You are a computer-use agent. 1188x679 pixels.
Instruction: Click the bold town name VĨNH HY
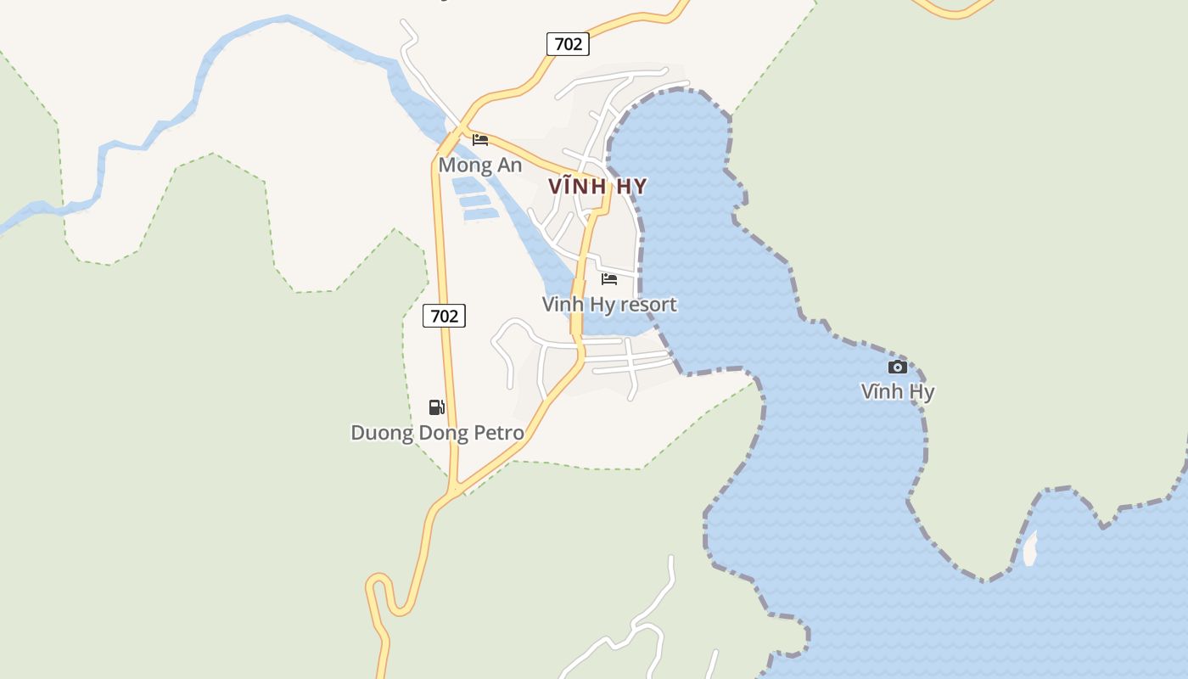[x=597, y=187]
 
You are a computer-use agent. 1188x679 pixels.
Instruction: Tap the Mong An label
[x=479, y=166]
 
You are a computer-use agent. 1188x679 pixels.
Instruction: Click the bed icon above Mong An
[x=480, y=140]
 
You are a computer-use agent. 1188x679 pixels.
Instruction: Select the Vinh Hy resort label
[x=609, y=304]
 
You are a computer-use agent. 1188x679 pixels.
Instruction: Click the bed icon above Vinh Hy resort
[x=609, y=279]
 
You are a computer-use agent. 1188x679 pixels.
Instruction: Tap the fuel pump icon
[x=436, y=407]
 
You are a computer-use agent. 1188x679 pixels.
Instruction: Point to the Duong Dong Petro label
[x=437, y=433]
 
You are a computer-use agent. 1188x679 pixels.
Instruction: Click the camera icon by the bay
[x=897, y=367]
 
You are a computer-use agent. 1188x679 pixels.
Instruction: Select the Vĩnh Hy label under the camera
[x=897, y=391]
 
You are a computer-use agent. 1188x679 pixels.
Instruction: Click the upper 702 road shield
[x=568, y=44]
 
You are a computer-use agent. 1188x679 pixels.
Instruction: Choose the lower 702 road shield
[x=444, y=316]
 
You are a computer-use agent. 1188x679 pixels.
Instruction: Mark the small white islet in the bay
[x=1030, y=549]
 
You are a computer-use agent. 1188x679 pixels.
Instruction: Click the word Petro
[x=498, y=433]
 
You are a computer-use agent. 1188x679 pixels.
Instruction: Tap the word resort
[x=649, y=304]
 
